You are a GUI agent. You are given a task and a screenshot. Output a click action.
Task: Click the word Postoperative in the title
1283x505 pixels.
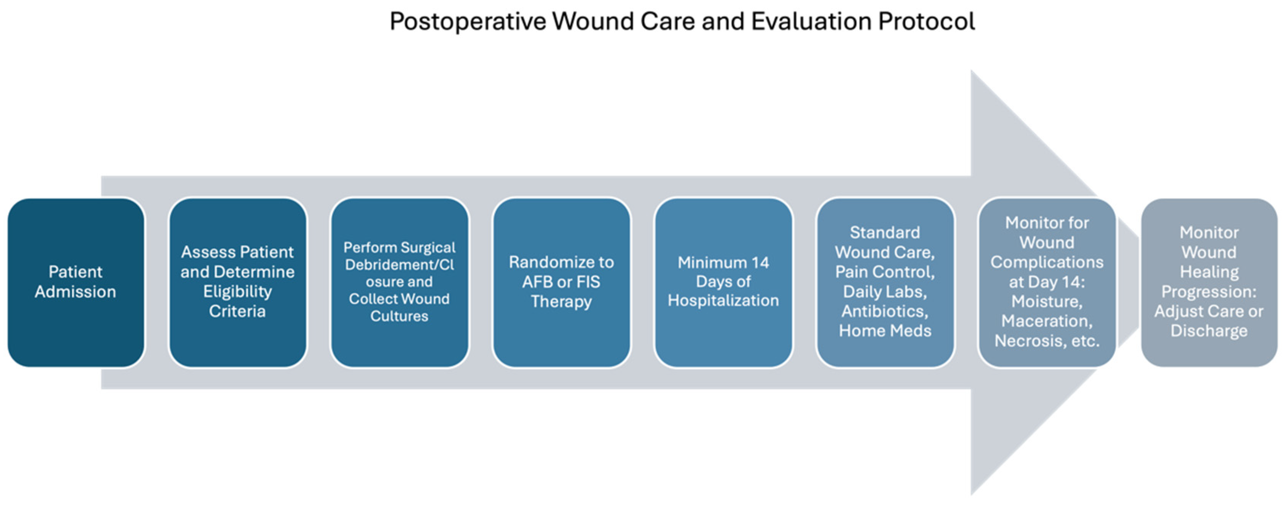[x=467, y=22]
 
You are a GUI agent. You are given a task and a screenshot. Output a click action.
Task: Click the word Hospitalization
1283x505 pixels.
[x=723, y=300]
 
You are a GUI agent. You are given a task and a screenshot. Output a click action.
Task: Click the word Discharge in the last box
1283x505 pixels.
[x=1209, y=331]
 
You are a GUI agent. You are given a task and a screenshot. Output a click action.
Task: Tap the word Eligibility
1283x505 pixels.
[x=238, y=292]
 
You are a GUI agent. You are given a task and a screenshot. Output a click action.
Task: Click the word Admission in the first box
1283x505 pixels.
[x=76, y=292]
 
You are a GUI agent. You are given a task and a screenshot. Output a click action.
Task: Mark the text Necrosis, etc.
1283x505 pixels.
[x=1047, y=341]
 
